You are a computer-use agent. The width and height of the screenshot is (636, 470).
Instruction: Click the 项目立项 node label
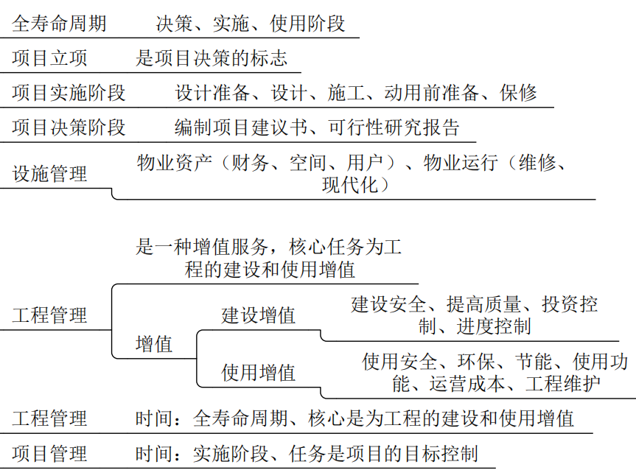coord(49,58)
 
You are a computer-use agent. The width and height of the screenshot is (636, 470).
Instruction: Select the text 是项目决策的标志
coord(212,58)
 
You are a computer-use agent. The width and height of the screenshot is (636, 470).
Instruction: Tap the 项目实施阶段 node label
coord(69,93)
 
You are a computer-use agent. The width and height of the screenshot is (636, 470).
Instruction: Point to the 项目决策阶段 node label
coord(69,127)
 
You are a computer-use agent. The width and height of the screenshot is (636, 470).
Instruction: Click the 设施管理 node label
coord(49,174)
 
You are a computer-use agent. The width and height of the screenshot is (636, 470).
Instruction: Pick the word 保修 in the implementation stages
coord(518,93)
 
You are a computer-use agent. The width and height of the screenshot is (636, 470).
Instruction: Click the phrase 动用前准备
coord(432,93)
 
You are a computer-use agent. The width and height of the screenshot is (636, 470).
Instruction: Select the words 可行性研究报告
coord(394,127)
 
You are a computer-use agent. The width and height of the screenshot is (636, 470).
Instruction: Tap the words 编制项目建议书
coord(241,127)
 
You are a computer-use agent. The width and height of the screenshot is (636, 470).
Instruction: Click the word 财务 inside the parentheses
coord(250,163)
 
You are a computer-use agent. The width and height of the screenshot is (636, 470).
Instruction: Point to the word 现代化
coord(351,185)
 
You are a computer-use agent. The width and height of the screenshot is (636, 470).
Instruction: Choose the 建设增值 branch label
coord(259,315)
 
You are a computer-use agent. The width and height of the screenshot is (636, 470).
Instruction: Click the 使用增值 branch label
coord(259,372)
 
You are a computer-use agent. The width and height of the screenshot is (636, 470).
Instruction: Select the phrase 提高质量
coord(484,304)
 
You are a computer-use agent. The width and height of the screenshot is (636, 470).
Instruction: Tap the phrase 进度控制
coord(494,326)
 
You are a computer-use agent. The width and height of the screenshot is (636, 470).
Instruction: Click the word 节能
coord(534,361)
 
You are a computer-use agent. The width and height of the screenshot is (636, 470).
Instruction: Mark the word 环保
coord(476,361)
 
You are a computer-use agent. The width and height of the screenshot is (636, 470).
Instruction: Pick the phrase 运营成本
coord(466,384)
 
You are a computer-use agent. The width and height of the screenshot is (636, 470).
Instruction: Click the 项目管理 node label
coord(49,453)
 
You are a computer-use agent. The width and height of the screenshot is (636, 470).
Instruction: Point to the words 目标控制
coord(441,453)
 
